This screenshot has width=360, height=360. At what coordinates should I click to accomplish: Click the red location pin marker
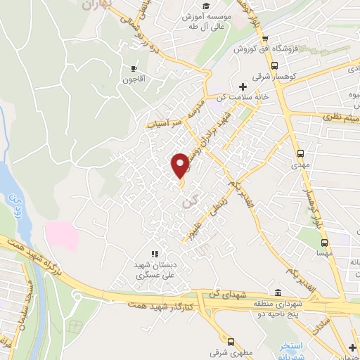click(x=181, y=165)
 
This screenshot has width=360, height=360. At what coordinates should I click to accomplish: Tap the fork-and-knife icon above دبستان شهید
click(x=155, y=254)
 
